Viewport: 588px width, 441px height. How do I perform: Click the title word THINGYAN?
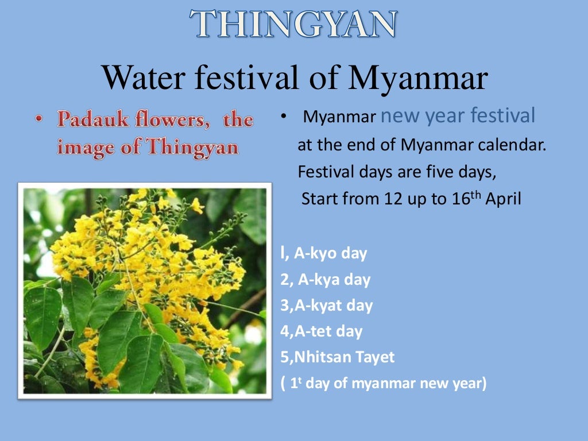point(293,24)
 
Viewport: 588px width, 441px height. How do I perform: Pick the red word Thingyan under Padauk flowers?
point(191,147)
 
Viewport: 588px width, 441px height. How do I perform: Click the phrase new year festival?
point(458,116)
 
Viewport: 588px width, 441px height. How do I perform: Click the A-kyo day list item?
point(324,253)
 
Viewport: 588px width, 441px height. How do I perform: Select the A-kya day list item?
point(326,280)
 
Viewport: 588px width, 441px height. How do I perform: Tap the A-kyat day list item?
point(327,305)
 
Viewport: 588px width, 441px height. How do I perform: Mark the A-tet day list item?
point(322,331)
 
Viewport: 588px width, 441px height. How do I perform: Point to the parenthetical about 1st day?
point(384,384)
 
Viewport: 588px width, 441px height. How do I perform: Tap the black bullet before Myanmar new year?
point(284,117)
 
